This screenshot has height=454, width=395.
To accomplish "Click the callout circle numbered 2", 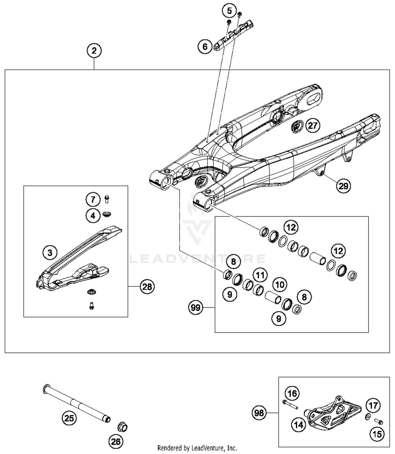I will pyautogui.click(x=94, y=50).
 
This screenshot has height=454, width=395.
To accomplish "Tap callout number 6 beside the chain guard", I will pyautogui.click(x=205, y=47).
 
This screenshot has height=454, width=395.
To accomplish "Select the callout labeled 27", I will pyautogui.click(x=313, y=126).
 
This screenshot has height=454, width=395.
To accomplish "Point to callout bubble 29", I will pyautogui.click(x=343, y=186).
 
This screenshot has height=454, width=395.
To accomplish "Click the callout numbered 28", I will pyautogui.click(x=147, y=286).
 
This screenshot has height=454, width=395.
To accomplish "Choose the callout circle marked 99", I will pyautogui.click(x=196, y=307).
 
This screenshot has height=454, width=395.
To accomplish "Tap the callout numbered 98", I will pyautogui.click(x=259, y=413).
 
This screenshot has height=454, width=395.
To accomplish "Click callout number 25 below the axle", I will pyautogui.click(x=69, y=418).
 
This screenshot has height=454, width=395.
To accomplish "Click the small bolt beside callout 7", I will pyautogui.click(x=107, y=199).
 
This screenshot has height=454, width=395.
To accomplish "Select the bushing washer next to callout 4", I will pyautogui.click(x=107, y=214).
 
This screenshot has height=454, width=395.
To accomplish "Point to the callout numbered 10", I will pyautogui.click(x=280, y=285).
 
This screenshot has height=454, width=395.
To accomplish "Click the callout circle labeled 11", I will pyautogui.click(x=260, y=275).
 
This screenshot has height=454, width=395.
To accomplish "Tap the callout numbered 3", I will pyautogui.click(x=50, y=253).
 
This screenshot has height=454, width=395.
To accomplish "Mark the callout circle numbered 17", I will pyautogui.click(x=373, y=406).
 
